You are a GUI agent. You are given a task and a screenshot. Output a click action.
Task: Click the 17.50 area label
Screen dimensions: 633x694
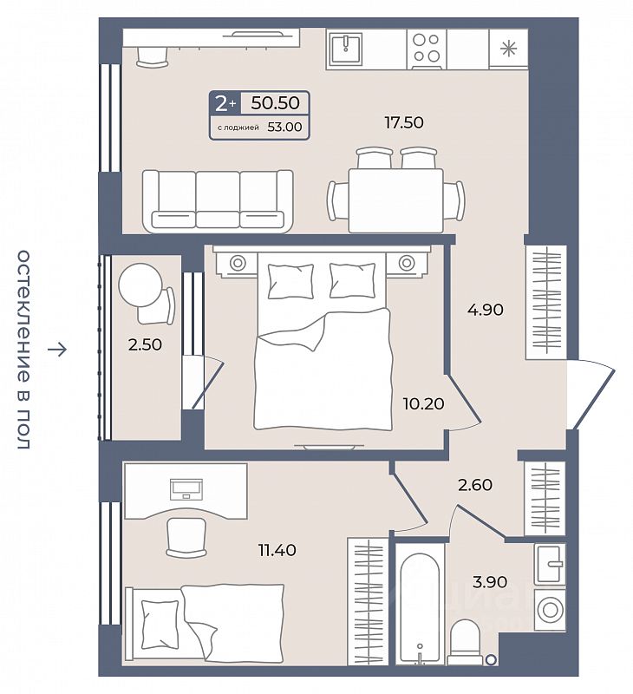[404, 122]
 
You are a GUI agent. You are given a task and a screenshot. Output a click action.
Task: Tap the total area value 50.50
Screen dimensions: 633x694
[275, 102]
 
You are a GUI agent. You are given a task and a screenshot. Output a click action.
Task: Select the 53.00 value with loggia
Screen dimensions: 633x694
[284, 127]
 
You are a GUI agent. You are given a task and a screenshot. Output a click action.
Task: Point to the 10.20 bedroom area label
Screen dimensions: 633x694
[423, 403]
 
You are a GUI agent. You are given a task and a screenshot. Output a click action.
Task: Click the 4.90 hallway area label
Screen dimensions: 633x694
[486, 310]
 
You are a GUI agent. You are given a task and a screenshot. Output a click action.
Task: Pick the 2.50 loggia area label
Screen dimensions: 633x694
[145, 344]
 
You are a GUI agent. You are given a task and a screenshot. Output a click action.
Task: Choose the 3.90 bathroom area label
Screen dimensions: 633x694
[490, 581]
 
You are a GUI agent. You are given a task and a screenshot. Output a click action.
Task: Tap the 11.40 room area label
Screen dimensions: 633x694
[277, 550]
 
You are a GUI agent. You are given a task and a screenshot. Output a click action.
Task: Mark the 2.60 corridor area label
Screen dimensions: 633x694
[475, 485]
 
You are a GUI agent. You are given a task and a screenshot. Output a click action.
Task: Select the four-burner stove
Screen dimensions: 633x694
[426, 49]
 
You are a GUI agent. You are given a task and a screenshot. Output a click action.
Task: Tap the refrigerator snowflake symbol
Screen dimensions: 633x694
[508, 49]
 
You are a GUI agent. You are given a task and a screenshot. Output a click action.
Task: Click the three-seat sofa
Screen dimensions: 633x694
[218, 201]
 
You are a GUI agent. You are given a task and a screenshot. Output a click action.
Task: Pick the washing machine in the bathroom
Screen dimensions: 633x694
[550, 609]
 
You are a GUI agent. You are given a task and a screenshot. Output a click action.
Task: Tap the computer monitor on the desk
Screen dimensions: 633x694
[186, 488]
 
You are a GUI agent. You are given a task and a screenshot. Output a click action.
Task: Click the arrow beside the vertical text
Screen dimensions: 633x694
[57, 350]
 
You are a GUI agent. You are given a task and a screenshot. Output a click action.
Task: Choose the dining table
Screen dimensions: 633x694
[396, 200]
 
